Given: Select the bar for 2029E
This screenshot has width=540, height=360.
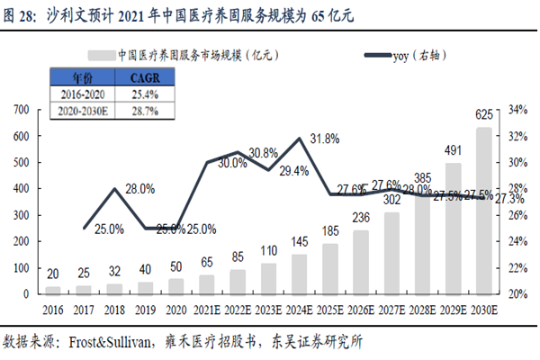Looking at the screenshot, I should click(453, 229).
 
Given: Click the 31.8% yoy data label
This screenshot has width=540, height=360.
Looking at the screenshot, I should click(324, 139).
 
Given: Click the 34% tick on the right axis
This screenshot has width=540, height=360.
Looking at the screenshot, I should click(517, 110).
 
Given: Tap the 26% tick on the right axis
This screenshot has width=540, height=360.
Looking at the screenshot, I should click(517, 215).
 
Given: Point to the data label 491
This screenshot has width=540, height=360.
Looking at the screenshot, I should click(453, 151).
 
